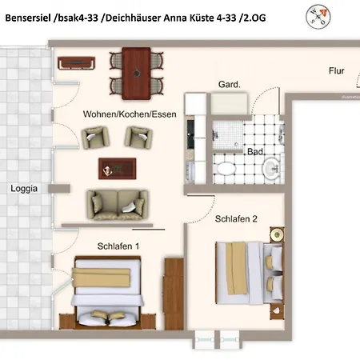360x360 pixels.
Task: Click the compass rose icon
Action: pyautogui.click(x=318, y=16)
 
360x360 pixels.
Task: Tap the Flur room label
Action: pyautogui.click(x=336, y=71)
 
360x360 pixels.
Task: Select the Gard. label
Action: pyautogui.click(x=230, y=85)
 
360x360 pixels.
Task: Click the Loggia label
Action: pyautogui.click(x=24, y=189)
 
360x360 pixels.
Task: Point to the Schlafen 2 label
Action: pyautogui.click(x=236, y=219)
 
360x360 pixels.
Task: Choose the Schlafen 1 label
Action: pyautogui.click(x=118, y=246)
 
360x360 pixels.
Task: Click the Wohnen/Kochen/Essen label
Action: pyautogui.click(x=130, y=114)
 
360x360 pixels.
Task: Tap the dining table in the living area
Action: pyautogui.click(x=136, y=74)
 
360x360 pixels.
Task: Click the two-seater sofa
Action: pyautogui.click(x=118, y=205)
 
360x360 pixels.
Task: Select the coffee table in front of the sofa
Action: pyautogui.click(x=118, y=169)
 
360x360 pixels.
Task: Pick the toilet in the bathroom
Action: pyautogui.click(x=226, y=168)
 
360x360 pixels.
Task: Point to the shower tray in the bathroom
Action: pyautogui.click(x=228, y=135)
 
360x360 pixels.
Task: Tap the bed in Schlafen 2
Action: pyautogui.click(x=249, y=273)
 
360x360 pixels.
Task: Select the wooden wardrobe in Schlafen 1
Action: pyautogui.click(x=174, y=294)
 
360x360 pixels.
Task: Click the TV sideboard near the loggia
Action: pyautogui.click(x=77, y=63)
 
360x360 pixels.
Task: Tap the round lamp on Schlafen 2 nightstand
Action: pyautogui.click(x=277, y=235)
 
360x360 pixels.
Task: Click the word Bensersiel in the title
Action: pyautogui.click(x=28, y=18)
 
